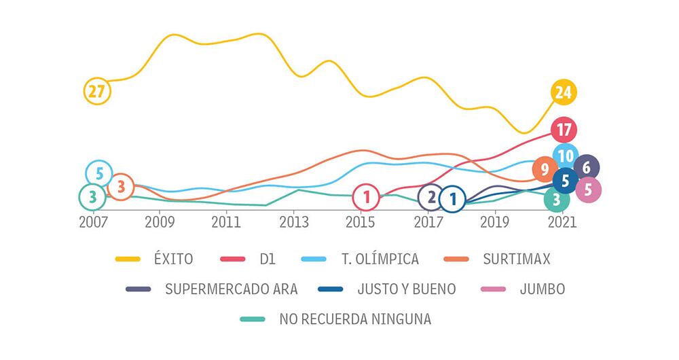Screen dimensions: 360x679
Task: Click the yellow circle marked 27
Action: (96, 91)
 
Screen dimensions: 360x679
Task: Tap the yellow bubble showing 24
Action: (563, 92)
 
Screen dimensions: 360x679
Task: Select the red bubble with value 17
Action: (564, 129)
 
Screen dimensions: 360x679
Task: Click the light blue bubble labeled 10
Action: (565, 156)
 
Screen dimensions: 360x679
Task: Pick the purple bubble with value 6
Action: (587, 168)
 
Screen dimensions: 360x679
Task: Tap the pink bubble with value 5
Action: (588, 190)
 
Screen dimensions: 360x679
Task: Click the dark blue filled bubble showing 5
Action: (566, 181)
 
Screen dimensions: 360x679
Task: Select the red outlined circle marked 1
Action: (366, 198)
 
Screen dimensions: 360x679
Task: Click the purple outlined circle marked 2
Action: (430, 198)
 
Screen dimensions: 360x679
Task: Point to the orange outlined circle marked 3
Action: (121, 185)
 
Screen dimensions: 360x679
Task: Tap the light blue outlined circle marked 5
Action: (99, 174)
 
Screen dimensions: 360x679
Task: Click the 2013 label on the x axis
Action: (294, 222)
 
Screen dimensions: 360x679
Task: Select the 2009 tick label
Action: (160, 222)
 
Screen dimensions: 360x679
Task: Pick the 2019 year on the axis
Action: (495, 222)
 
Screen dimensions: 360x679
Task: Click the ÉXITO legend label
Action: (173, 259)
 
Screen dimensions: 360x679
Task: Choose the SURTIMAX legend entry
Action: (517, 259)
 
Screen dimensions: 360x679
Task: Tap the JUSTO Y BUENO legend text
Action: (407, 289)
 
